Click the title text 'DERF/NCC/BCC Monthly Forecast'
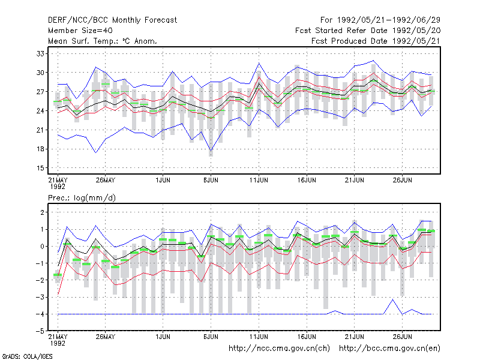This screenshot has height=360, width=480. pyautogui.click(x=112, y=20)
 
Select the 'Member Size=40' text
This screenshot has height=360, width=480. pyautogui.click(x=80, y=31)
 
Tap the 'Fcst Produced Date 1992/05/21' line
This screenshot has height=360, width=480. pyautogui.click(x=376, y=41)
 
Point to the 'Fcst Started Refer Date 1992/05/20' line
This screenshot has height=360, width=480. pyautogui.click(x=368, y=31)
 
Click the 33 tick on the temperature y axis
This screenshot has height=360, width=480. pyautogui.click(x=40, y=54)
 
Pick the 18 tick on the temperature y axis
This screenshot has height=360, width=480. pyautogui.click(x=40, y=149)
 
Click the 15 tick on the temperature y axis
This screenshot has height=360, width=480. pyautogui.click(x=40, y=168)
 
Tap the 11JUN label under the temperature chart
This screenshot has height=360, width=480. pyautogui.click(x=259, y=181)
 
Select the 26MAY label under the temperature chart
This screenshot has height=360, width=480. pyautogui.click(x=106, y=181)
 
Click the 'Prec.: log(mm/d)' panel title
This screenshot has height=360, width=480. pyautogui.click(x=82, y=198)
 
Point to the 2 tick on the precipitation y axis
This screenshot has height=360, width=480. pyautogui.click(x=42, y=212)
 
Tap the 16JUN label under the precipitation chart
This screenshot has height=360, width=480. pyautogui.click(x=307, y=337)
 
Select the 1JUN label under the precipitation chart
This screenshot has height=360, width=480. pyautogui.click(x=163, y=337)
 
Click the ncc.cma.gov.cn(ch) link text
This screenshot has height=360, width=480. pyautogui.click(x=279, y=349)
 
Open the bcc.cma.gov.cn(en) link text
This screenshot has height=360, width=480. pyautogui.click(x=389, y=349)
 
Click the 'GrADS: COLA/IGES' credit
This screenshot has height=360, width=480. pyautogui.click(x=27, y=356)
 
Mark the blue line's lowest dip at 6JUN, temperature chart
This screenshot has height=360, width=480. pyautogui.click(x=211, y=151)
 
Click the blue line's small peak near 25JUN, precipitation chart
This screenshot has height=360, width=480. pyautogui.click(x=393, y=299)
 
